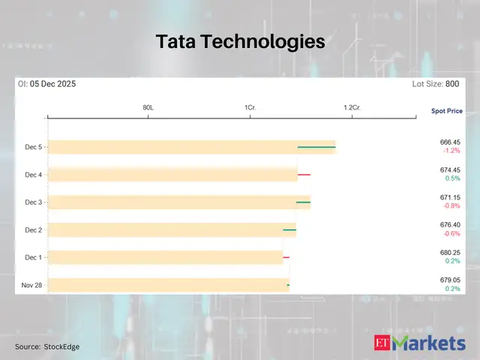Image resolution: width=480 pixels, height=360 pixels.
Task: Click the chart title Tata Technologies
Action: tap(240, 42)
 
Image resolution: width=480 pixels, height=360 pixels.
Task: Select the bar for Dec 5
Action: tap(191, 147)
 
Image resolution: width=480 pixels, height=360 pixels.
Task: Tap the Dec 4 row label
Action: tap(33, 175)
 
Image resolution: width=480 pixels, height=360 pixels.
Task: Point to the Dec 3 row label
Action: tap(33, 202)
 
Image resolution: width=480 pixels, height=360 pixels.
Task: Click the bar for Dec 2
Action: tap(172, 229)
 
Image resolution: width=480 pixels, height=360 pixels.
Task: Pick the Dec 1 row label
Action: tap(33, 257)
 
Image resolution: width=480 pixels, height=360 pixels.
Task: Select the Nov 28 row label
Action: tap(31, 285)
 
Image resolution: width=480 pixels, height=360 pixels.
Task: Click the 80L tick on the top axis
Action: tap(148, 108)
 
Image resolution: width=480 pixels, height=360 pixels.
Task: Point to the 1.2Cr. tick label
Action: tap(352, 108)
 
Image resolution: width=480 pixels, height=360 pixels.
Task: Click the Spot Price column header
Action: tap(446, 111)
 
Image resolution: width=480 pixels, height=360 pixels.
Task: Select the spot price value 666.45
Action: tap(450, 142)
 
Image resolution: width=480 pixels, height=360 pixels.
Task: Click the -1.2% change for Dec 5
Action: tap(451, 151)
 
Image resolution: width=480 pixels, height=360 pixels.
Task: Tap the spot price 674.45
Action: tap(450, 169)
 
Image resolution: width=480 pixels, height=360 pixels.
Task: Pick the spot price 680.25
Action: tap(450, 252)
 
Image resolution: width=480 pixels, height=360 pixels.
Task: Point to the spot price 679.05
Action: tap(450, 280)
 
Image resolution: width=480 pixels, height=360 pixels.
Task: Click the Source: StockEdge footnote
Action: tap(47, 346)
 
